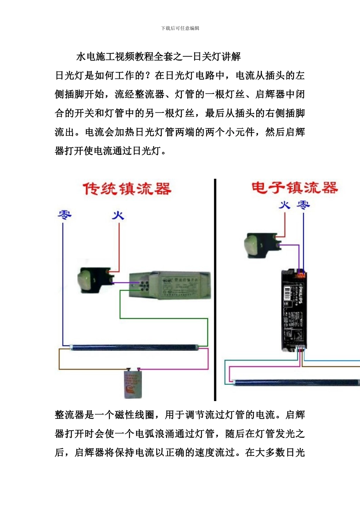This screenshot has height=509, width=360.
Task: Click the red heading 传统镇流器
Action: [x=127, y=189]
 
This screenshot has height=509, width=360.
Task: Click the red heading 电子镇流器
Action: [x=294, y=187]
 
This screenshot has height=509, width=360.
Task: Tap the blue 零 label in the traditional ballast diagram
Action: [x=64, y=215]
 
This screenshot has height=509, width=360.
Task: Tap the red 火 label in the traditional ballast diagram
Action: [x=118, y=215]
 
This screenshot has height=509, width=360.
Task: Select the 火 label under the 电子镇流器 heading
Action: [x=285, y=205]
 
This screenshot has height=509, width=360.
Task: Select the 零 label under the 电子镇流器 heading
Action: [x=303, y=205]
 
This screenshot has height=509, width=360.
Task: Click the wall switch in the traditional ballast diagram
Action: [x=95, y=280]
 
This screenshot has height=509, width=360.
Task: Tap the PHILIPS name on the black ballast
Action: [x=300, y=295]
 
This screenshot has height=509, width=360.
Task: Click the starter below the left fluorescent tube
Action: [x=133, y=384]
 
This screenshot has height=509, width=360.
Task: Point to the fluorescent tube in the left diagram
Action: [x=133, y=347]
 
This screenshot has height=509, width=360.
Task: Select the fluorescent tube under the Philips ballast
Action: [x=296, y=383]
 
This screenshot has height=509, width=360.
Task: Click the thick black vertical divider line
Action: [x=215, y=290]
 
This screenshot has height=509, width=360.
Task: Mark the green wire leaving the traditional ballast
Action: [x=163, y=319]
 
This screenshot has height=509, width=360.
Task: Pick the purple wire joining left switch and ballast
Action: [x=121, y=283]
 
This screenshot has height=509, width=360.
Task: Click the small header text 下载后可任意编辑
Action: [x=180, y=28]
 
